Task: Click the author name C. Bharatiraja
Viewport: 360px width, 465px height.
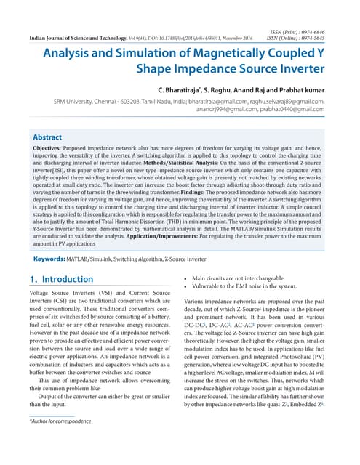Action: tap(197, 89)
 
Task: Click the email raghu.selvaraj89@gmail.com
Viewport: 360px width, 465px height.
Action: tap(287, 102)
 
